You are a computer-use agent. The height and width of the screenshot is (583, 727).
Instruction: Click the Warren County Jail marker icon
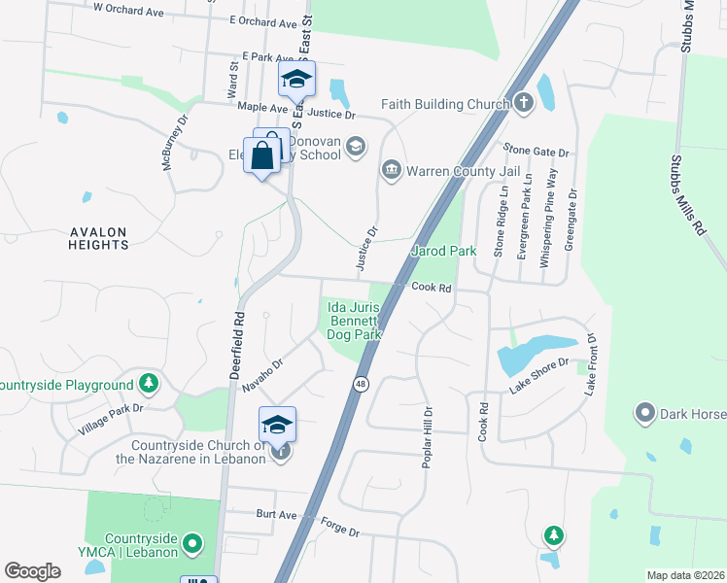click(392, 171)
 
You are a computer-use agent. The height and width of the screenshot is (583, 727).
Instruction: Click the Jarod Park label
click(444, 251)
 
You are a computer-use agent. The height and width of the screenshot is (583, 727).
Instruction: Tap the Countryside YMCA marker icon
click(192, 541)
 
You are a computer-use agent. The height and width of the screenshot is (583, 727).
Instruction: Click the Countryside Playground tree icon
click(148, 384)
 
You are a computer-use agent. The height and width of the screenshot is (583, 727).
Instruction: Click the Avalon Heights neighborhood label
click(98, 238)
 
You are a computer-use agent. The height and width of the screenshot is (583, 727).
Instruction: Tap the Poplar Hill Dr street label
click(426, 437)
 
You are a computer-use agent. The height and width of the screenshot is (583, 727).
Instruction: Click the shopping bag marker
click(262, 154)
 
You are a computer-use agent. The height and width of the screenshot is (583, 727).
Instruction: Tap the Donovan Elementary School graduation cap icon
click(357, 147)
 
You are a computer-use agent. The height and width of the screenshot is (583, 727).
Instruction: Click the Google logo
click(33, 571)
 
